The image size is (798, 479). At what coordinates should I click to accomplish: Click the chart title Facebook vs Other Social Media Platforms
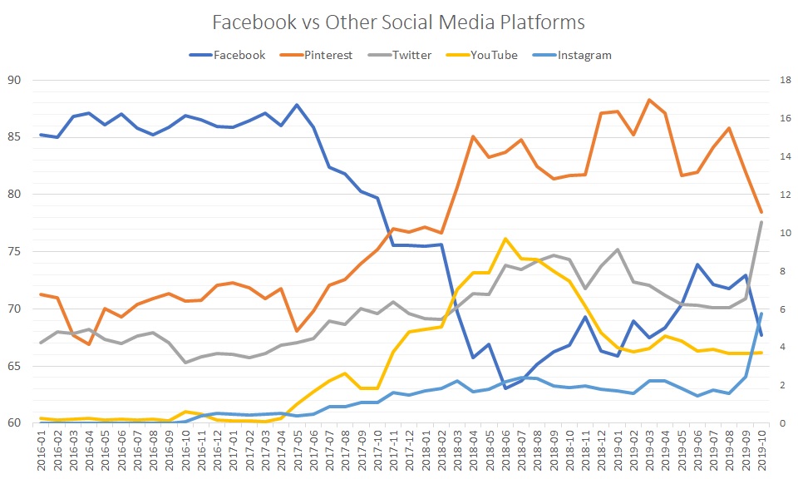click(398, 22)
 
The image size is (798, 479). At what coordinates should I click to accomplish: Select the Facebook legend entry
click(239, 55)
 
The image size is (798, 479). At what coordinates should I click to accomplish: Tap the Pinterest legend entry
click(327, 55)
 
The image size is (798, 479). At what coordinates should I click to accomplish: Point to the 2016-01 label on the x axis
click(42, 449)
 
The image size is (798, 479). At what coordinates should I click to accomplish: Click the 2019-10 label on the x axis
click(760, 449)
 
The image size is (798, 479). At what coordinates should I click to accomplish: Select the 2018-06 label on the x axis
click(505, 449)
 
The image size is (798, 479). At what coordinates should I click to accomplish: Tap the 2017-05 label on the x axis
click(297, 449)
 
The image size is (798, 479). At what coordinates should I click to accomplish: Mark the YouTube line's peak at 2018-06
click(505, 239)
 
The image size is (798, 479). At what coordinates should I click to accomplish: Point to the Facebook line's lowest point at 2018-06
click(505, 388)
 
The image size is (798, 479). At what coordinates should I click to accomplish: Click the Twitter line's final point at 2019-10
click(760, 221)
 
